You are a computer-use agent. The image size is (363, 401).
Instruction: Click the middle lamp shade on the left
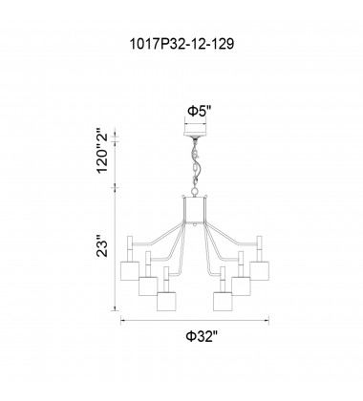coord(148,285)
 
